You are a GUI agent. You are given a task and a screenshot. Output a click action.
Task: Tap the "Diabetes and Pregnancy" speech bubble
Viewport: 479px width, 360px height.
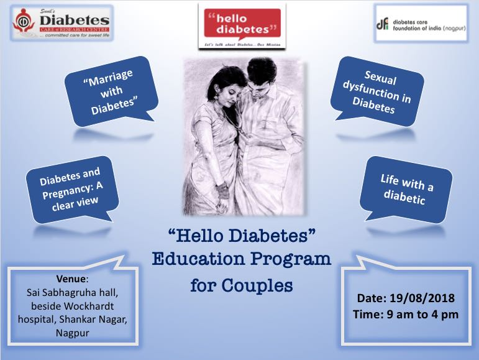70,187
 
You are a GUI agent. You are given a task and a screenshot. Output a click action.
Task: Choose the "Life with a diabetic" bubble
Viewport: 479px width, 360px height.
406,189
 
